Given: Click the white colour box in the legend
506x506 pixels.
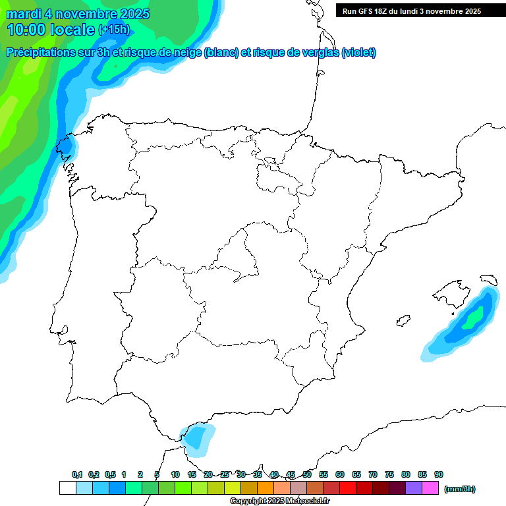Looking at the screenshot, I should [67, 488].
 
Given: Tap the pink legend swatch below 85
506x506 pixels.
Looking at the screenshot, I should [430, 488].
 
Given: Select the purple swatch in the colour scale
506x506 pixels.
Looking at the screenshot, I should [414, 488].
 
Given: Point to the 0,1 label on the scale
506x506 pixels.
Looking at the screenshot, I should [77, 475].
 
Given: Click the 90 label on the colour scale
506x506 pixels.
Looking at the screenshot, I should [439, 475].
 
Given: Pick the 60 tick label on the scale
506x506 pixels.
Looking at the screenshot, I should [340, 475].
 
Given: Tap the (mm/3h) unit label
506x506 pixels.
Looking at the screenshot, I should [460, 489].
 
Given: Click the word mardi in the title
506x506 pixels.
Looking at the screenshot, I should [22, 14].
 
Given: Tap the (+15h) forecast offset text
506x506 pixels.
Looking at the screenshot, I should [114, 30].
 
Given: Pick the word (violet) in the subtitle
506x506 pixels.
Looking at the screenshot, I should [359, 53].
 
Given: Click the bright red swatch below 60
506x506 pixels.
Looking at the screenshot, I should [348, 488].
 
